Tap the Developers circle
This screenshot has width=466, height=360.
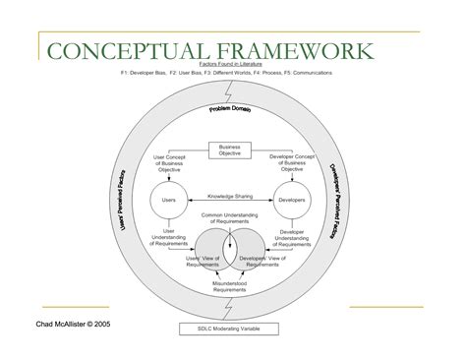(292, 202)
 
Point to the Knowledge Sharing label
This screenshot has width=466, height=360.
(229, 197)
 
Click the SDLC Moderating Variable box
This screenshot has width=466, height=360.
(230, 328)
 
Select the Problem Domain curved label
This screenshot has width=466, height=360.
(231, 111)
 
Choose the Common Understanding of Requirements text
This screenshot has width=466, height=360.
(229, 220)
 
